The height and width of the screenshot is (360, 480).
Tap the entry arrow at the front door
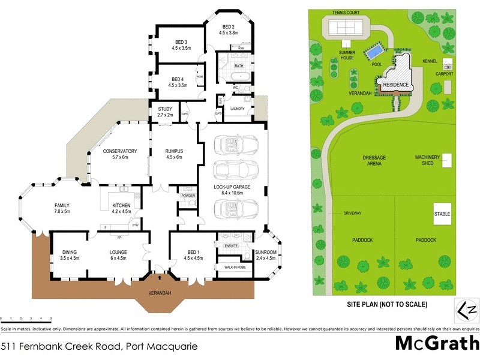coord(160,278)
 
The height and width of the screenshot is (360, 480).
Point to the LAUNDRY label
coord(237,109)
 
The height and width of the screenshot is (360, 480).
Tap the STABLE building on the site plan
coord(442,214)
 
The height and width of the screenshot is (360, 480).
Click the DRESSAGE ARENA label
coord(374,161)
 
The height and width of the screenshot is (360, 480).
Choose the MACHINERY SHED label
coord(428,160)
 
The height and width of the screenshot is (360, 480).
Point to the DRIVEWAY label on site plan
coord(352,214)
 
